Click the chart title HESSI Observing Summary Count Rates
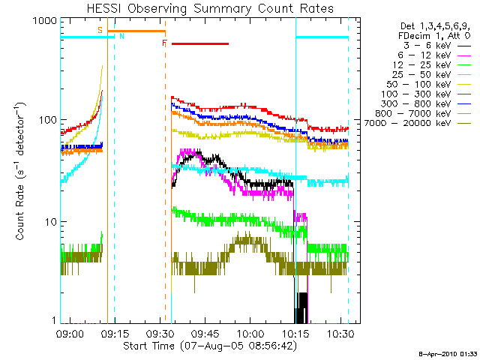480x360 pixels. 210,7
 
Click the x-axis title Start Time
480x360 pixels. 211,346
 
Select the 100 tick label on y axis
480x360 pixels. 47,120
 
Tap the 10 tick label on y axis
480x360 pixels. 50,222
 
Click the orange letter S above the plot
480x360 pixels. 100,30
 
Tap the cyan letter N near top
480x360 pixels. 122,36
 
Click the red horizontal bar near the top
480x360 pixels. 199,43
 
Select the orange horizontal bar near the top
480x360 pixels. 136,31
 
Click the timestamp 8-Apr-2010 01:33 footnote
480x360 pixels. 448,353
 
